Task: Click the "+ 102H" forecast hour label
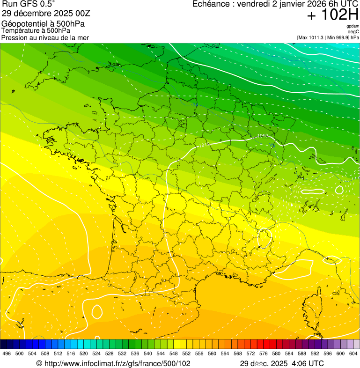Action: coord(332,15)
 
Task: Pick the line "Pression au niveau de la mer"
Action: coord(45,37)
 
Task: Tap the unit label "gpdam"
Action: coord(353,27)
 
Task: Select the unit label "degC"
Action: coord(353,32)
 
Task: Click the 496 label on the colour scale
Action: coord(7,354)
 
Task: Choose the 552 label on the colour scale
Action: coord(186,354)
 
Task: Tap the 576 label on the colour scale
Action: coord(263,354)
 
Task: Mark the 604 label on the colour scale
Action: coord(353,354)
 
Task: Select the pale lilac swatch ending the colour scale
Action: coord(356,344)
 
